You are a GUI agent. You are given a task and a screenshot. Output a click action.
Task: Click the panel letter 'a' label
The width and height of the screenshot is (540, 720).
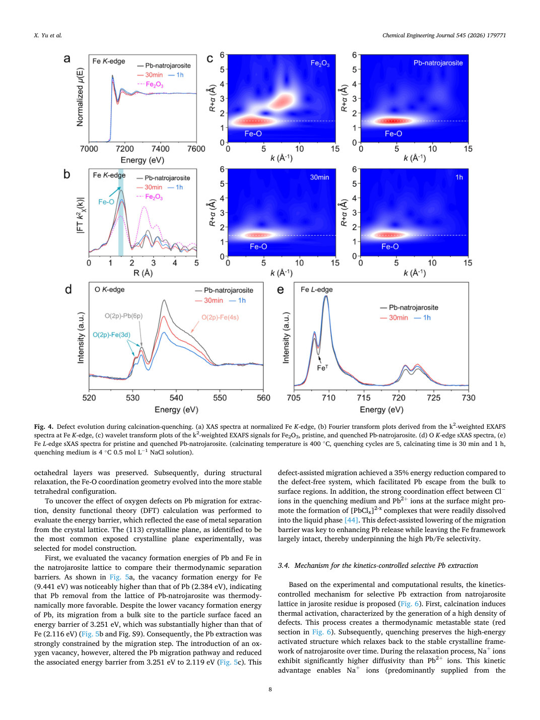point(67,59)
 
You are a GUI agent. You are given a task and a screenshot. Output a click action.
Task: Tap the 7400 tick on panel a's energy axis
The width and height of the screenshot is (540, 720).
point(160,149)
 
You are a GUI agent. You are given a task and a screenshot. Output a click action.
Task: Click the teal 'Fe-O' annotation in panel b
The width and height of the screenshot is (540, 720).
point(106,202)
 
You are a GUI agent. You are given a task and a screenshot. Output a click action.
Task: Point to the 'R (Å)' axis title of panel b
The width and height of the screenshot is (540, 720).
point(143,273)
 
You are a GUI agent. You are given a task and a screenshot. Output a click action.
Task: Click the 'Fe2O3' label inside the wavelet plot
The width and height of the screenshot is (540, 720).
point(320,63)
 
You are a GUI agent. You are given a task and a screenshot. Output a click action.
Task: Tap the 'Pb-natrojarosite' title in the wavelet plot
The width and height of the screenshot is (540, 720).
point(438,63)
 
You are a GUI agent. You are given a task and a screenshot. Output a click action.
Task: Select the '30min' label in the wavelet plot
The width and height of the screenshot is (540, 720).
point(319,177)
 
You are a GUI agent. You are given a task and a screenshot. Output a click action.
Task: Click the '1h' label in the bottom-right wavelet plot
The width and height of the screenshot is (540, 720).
point(459,177)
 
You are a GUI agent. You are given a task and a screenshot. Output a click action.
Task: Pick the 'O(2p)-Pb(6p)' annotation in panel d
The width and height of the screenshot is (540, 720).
point(123,316)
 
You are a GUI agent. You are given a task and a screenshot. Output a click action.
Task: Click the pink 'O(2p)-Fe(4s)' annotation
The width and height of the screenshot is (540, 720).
point(220,317)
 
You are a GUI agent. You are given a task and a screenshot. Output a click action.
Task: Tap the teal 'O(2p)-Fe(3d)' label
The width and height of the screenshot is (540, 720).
point(111,335)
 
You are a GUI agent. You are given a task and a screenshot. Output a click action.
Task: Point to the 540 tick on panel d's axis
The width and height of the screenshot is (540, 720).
point(176,398)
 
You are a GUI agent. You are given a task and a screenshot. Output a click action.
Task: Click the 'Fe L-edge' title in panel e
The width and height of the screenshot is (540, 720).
point(316,289)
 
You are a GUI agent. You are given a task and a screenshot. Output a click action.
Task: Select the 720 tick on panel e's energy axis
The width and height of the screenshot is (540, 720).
point(398,398)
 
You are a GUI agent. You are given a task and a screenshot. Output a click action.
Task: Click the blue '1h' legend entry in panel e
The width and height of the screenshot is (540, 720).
point(422,317)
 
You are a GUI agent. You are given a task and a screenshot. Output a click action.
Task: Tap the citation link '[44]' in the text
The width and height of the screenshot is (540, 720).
point(351,520)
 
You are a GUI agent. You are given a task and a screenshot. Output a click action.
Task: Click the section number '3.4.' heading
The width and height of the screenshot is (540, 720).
point(284,565)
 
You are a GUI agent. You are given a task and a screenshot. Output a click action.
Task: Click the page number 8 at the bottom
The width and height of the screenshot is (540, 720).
point(270,689)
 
